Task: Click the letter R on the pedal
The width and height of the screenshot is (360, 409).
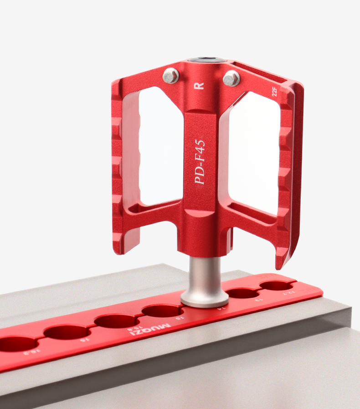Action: (198, 85)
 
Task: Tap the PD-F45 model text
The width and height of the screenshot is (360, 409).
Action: (200, 162)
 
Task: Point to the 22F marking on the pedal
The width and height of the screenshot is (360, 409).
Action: (274, 93)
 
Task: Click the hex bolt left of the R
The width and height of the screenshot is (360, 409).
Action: (170, 75)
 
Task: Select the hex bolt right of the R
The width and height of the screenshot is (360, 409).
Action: (231, 78)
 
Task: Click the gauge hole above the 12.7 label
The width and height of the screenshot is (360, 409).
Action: (275, 286)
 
